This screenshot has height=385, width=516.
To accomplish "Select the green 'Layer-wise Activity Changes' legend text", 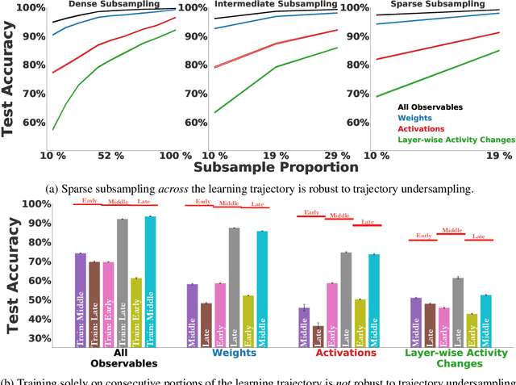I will (456, 139).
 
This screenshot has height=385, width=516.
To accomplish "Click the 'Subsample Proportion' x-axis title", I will (276, 168).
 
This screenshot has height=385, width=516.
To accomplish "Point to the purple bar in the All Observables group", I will (80, 299).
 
